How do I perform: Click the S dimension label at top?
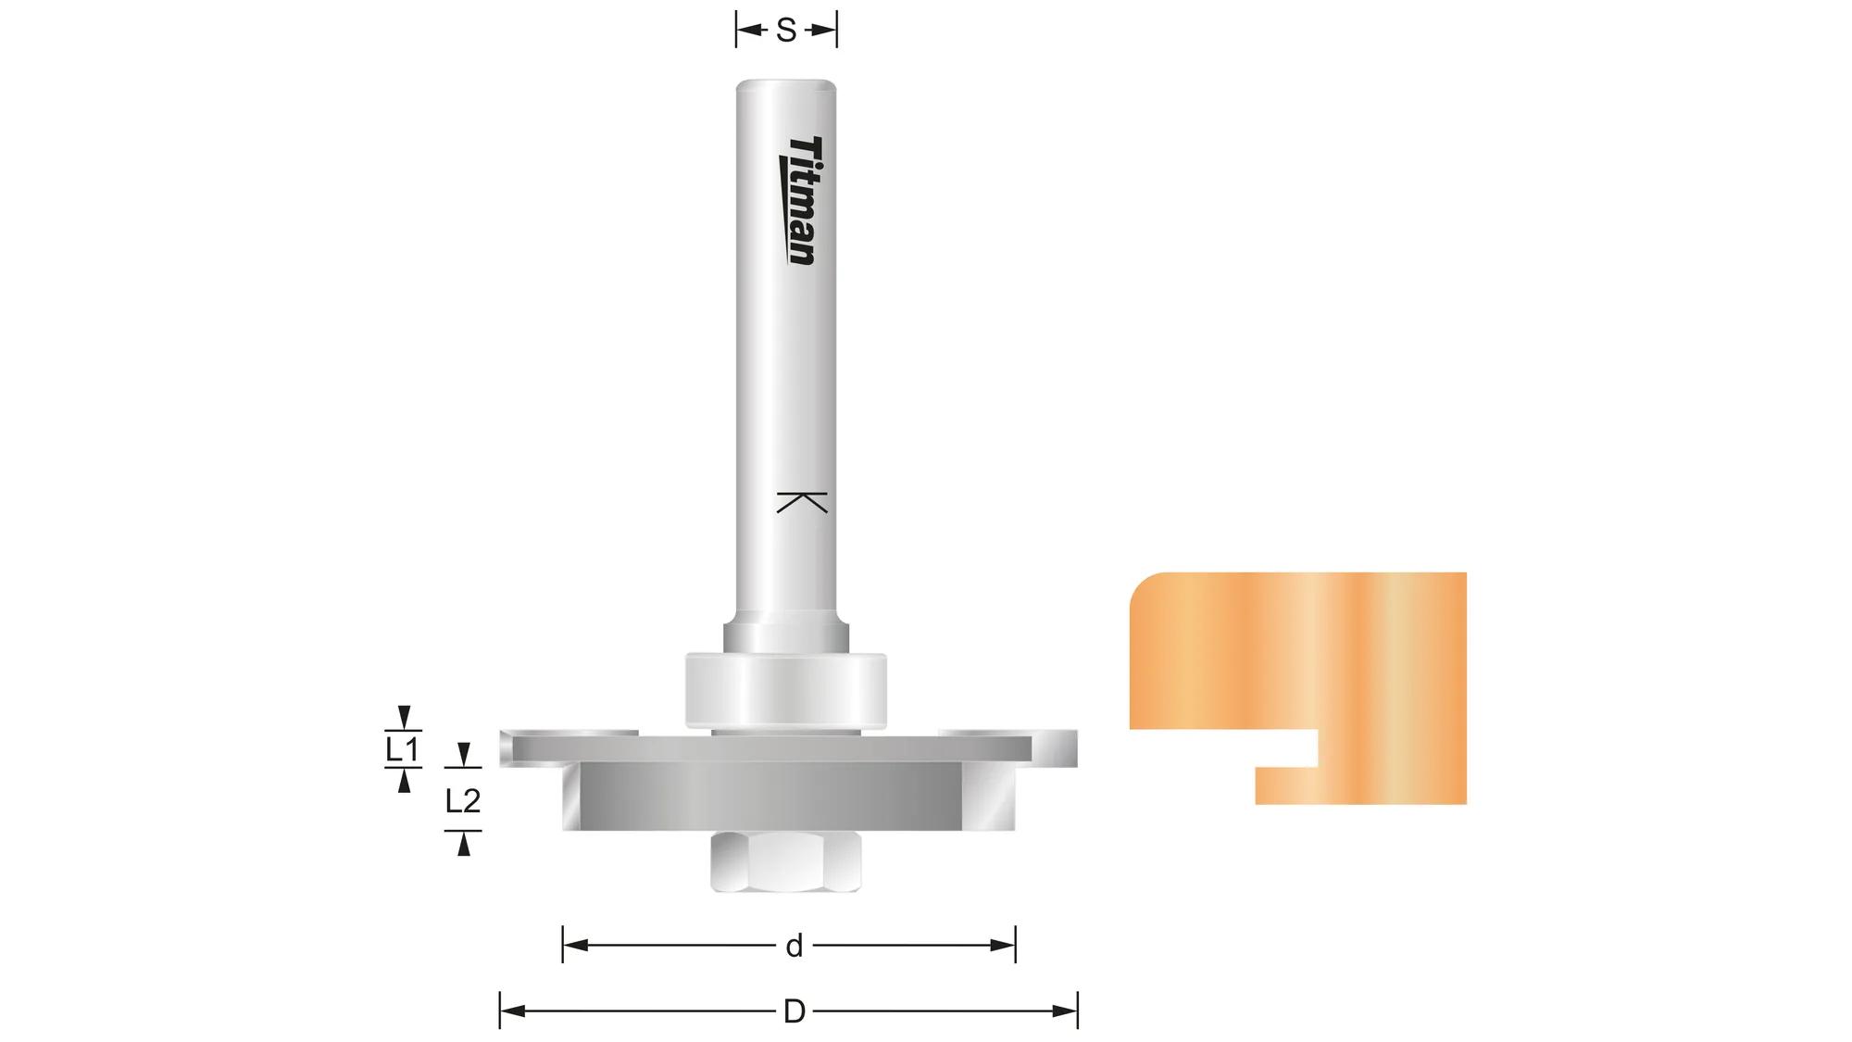click(786, 31)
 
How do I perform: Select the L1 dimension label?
click(403, 749)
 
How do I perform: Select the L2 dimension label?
click(463, 800)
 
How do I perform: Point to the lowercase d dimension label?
click(794, 946)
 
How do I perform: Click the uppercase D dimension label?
click(794, 1011)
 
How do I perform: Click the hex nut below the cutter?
click(786, 861)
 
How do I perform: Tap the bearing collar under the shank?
click(785, 690)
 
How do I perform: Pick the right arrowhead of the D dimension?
click(1065, 1011)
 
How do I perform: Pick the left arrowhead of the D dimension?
click(512, 1011)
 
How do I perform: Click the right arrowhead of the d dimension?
click(1004, 946)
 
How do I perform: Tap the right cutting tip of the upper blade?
click(1065, 748)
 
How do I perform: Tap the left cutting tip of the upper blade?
click(506, 748)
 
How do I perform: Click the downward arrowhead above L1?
click(403, 716)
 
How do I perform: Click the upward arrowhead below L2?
click(463, 844)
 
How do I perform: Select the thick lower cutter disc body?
click(769, 797)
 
